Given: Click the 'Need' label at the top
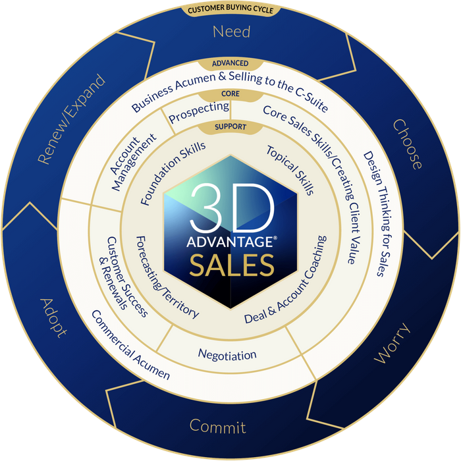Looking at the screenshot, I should coord(230,31).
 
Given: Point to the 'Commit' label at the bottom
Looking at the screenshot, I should coord(218,426).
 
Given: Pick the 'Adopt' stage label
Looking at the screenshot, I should coord(53,317).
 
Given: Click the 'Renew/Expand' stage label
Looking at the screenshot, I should coord(70,119).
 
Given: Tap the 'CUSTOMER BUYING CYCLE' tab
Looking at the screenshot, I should coord(230,10).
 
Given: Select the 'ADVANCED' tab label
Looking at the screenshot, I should coord(230,63).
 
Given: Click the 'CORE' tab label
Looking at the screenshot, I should coord(230,94).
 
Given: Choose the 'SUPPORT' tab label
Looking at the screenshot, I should coord(230,126).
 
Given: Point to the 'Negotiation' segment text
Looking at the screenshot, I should coord(227,355).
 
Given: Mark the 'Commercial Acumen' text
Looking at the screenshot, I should coord(130,344).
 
